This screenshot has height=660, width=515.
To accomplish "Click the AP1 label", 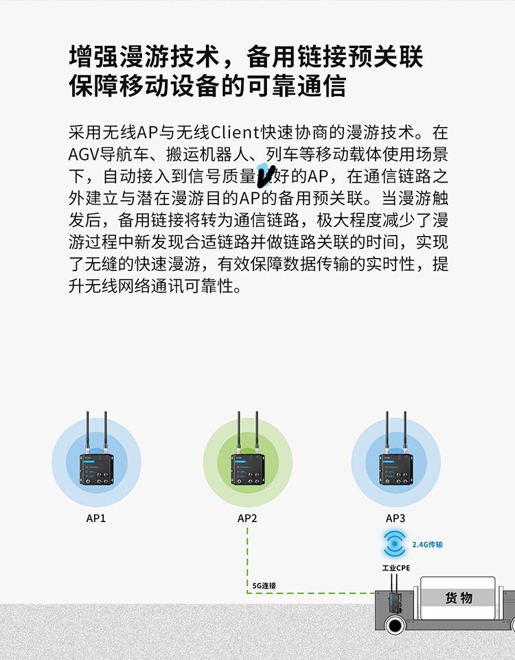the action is tap(96, 518).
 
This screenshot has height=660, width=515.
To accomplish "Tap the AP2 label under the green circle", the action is tap(247, 518).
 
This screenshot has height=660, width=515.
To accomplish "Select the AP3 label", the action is tap(396, 518).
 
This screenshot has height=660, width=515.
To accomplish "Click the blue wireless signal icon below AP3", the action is tap(396, 545).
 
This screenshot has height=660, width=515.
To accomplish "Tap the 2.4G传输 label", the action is tap(427, 545).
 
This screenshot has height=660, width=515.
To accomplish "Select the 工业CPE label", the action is tap(396, 568).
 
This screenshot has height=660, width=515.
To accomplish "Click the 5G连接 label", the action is tap(264, 585).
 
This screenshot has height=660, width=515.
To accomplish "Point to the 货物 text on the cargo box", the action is tap(458, 598).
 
